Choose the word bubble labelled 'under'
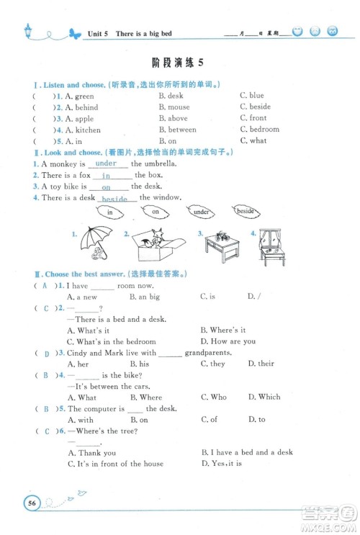(202, 212)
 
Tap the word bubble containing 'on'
(155, 212)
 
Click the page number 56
(32, 502)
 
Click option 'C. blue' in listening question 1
(252, 96)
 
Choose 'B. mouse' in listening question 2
(174, 107)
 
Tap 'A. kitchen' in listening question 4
(83, 130)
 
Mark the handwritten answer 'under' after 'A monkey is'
(106, 163)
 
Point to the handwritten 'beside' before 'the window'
(114, 199)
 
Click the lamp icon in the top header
(28, 31)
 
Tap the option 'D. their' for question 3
(261, 364)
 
